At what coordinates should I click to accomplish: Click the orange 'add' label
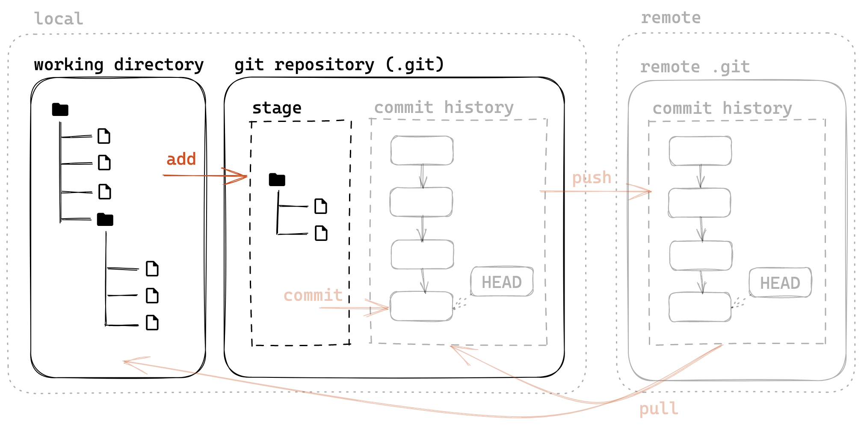pyautogui.click(x=181, y=159)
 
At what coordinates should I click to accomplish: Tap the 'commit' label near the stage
pyautogui.click(x=313, y=295)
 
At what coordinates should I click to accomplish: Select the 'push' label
pyautogui.click(x=592, y=178)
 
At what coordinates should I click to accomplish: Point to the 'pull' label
pyautogui.click(x=659, y=409)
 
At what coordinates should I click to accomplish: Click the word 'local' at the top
pyautogui.click(x=59, y=19)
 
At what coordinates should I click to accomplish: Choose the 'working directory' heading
pyautogui.click(x=118, y=65)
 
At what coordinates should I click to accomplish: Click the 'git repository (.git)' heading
pyautogui.click(x=339, y=65)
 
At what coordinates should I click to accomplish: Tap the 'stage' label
pyautogui.click(x=277, y=108)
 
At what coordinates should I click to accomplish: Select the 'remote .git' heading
pyautogui.click(x=695, y=67)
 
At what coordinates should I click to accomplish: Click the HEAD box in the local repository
pyautogui.click(x=502, y=282)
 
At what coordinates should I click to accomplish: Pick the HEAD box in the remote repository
pyautogui.click(x=780, y=283)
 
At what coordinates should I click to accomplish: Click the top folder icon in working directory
pyautogui.click(x=60, y=110)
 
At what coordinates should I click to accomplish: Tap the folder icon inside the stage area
pyautogui.click(x=277, y=180)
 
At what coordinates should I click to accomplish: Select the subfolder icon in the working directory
pyautogui.click(x=105, y=219)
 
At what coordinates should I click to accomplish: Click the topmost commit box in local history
pyautogui.click(x=422, y=150)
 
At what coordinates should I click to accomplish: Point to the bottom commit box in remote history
pyautogui.click(x=700, y=307)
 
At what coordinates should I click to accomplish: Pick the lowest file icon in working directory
pyautogui.click(x=152, y=323)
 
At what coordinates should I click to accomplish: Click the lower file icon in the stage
pyautogui.click(x=321, y=233)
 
